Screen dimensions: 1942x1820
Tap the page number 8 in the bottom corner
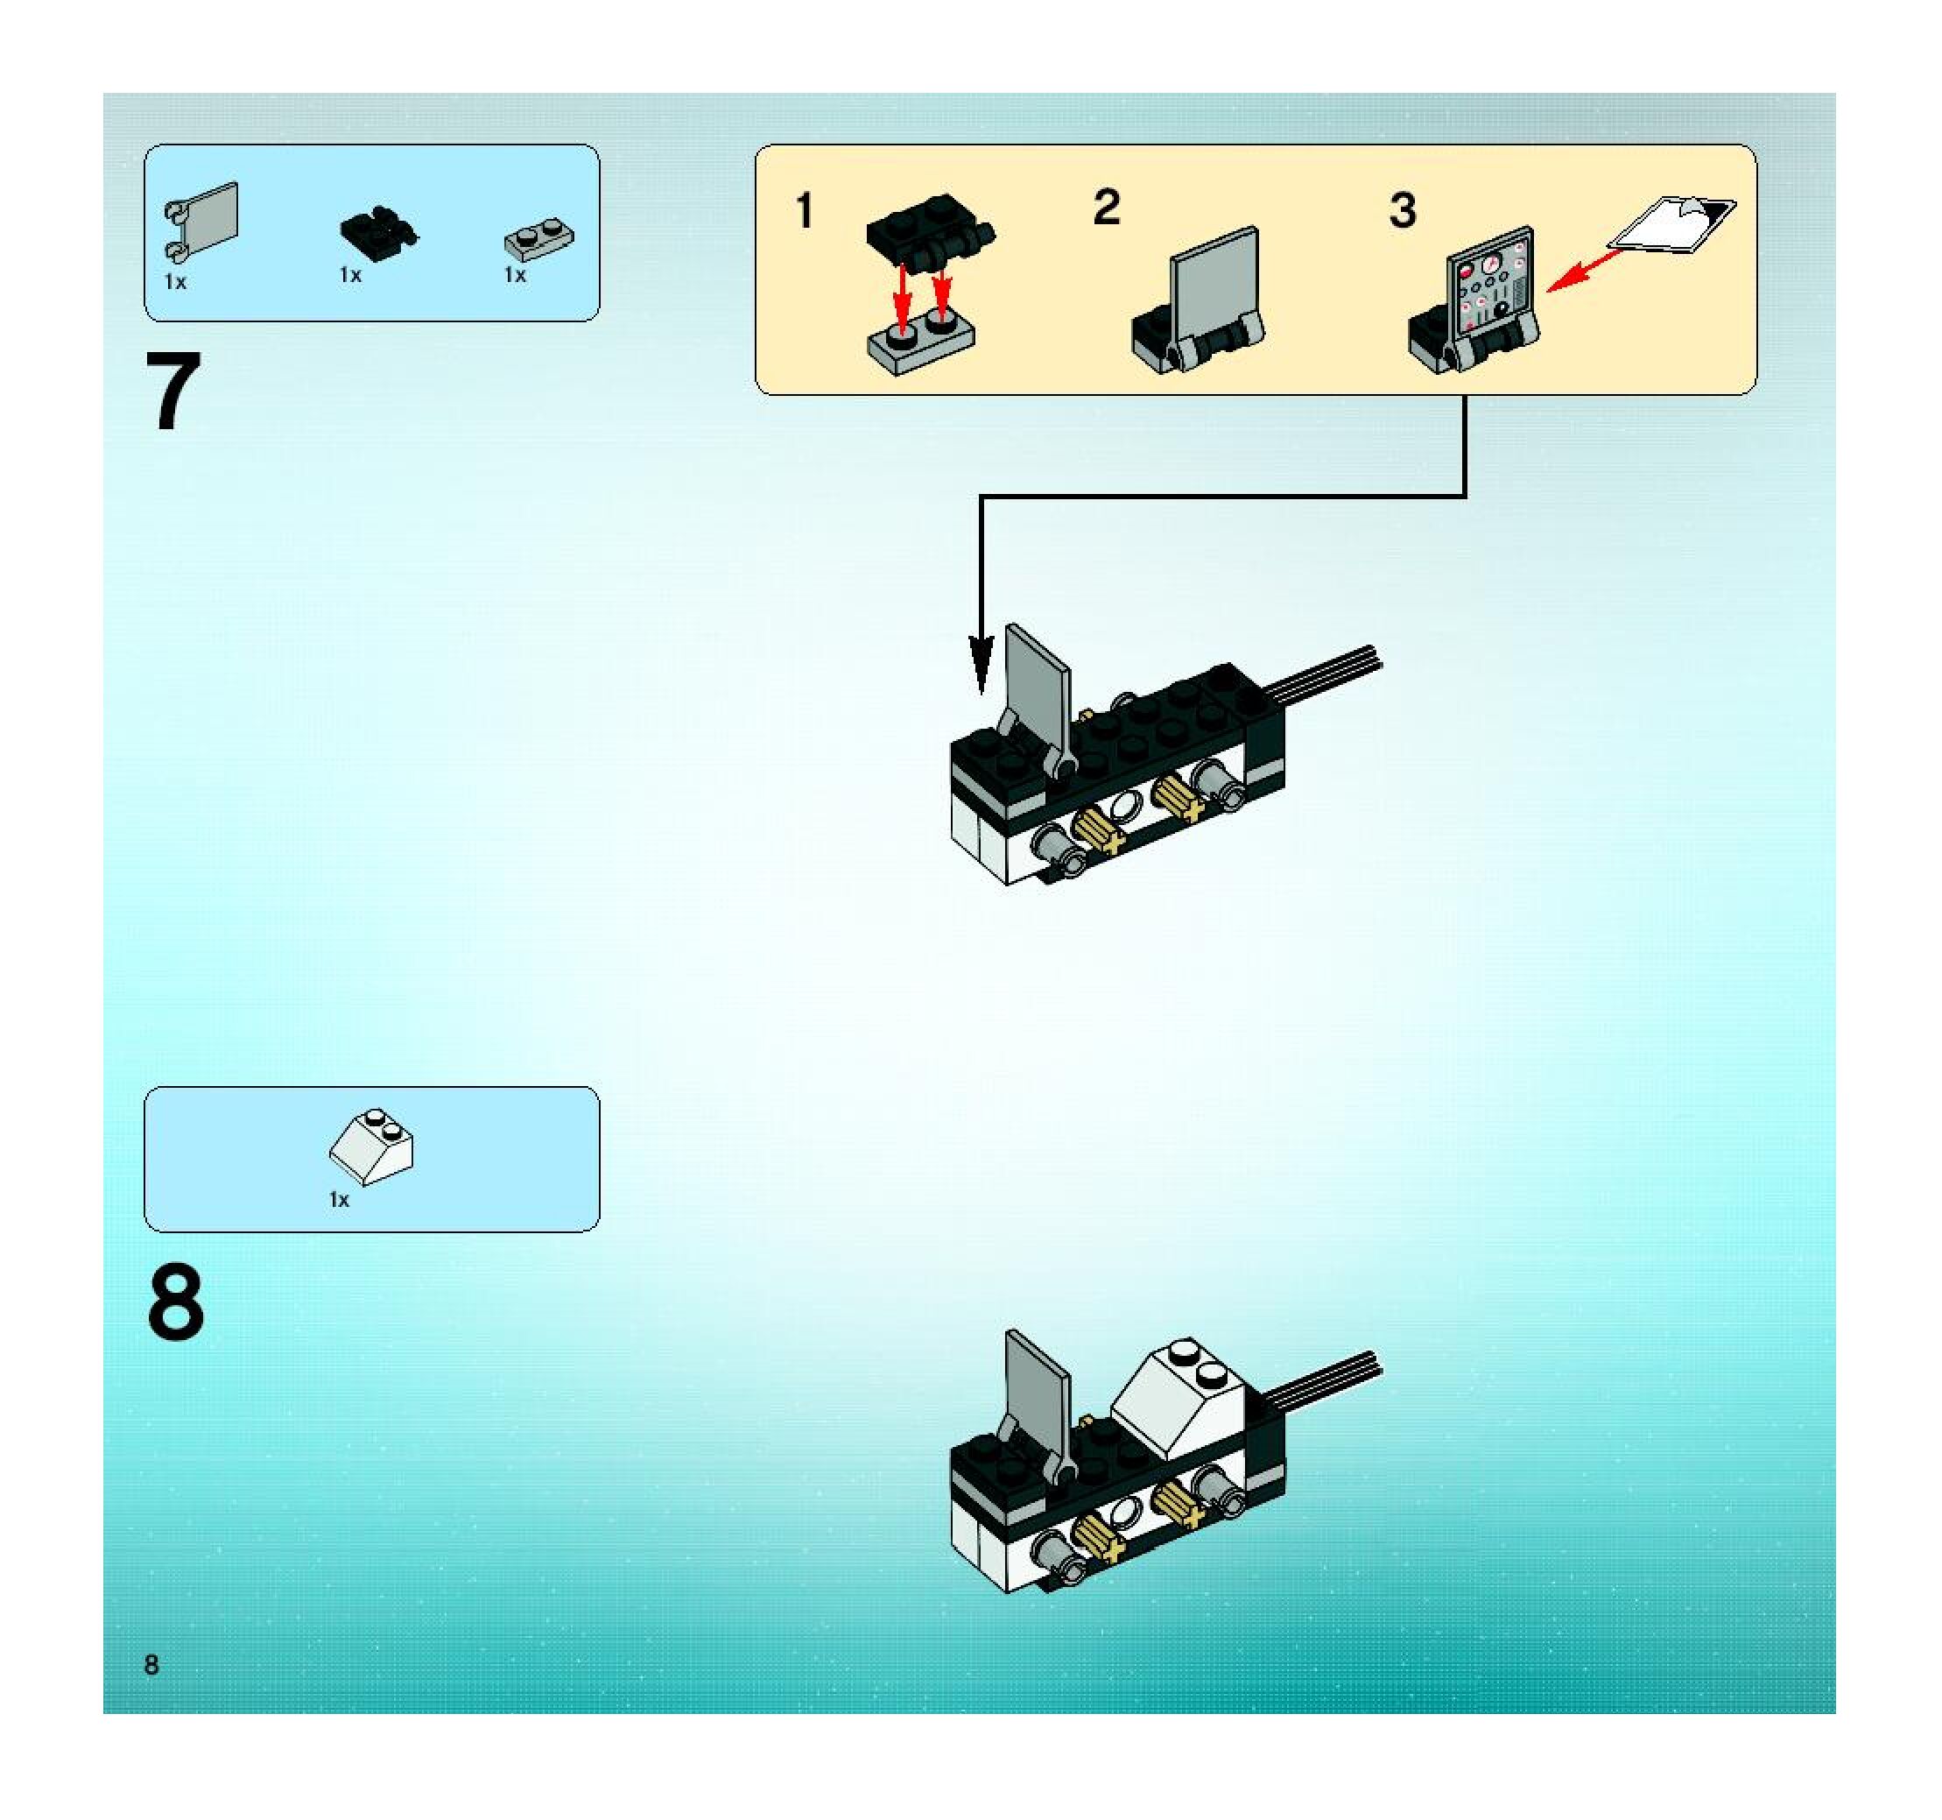click(151, 1665)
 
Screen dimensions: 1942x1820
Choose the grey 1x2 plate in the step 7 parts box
click(539, 237)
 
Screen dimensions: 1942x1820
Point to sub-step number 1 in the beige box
click(804, 211)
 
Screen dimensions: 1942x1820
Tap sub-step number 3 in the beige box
click(1402, 211)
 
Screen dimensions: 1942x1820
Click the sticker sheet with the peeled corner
click(1671, 223)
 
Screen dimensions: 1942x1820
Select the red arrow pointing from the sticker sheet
click(1582, 270)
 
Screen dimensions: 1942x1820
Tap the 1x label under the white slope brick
click(339, 1200)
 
